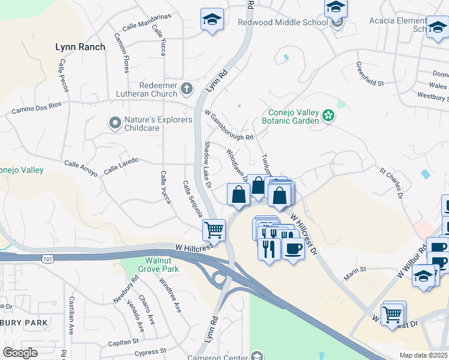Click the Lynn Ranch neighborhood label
[x=80, y=46]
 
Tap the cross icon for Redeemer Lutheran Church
[x=186, y=89]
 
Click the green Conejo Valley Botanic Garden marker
[x=328, y=115]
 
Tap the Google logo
[x=20, y=352]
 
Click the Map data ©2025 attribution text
[x=423, y=355]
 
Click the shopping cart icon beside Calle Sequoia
[x=214, y=229]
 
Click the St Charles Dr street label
[x=390, y=184]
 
